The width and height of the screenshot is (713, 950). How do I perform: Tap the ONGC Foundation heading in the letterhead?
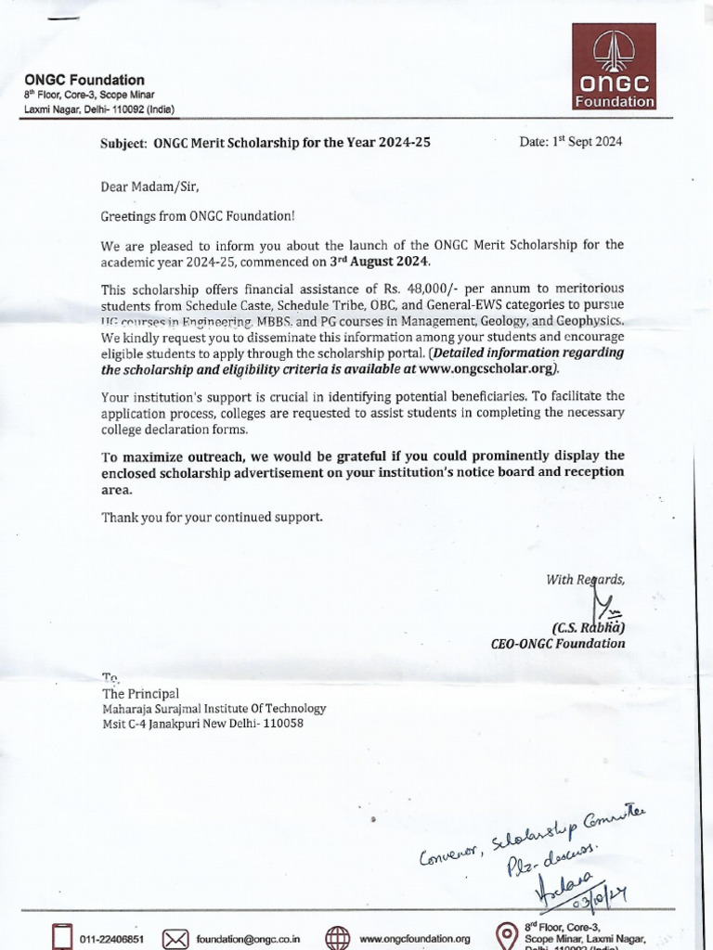click(x=84, y=80)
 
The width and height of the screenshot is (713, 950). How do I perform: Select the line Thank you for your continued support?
click(x=213, y=517)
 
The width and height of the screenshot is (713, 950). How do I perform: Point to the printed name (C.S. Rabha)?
click(x=589, y=626)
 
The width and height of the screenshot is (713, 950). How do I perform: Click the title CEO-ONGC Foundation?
click(x=557, y=643)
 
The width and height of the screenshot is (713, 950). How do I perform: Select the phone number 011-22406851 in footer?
click(x=111, y=938)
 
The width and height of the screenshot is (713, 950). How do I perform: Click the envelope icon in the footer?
click(x=175, y=937)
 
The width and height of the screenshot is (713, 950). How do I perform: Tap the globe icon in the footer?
click(x=337, y=937)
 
